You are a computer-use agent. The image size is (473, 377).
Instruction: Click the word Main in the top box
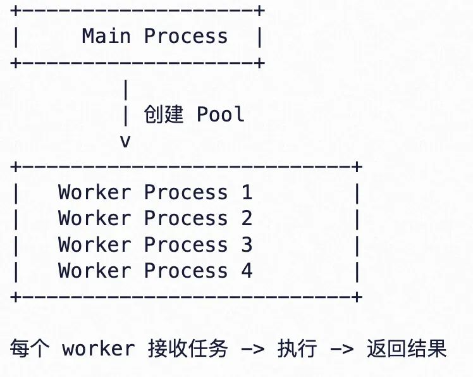point(106,36)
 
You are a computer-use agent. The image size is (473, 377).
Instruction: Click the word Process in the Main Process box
point(185,36)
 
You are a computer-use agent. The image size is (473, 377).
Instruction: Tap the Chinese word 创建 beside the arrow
point(164,114)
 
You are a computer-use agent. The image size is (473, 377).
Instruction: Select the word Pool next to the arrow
point(221,114)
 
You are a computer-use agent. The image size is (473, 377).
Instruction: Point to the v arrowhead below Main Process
point(125,140)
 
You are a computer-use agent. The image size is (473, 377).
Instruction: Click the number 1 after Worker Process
point(247,192)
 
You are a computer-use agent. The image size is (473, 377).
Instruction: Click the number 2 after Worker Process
point(247,218)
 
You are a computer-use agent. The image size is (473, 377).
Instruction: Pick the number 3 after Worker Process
point(247,244)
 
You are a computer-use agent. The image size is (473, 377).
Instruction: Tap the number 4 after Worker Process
point(247,271)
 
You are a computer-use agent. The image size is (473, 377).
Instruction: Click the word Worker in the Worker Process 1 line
point(94,192)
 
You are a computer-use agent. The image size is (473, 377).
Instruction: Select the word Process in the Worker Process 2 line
point(185,218)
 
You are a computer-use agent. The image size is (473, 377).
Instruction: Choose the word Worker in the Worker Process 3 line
point(94,244)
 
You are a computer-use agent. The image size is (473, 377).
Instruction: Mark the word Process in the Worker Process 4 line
point(185,271)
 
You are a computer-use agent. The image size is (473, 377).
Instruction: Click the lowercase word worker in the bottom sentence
point(99,349)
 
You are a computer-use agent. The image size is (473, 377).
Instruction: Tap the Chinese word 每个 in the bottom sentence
point(29,349)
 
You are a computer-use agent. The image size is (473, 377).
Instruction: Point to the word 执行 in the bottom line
point(297,349)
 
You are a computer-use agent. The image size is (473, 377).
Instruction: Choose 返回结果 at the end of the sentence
point(406,349)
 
